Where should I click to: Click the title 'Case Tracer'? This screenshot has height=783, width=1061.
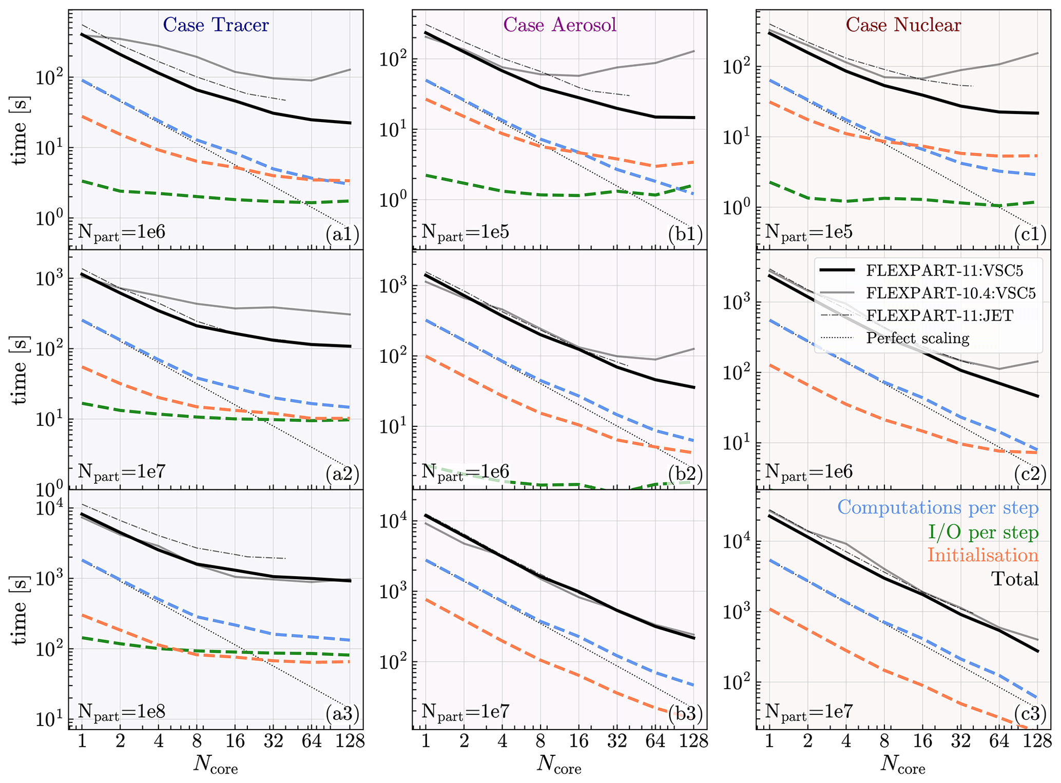click(x=216, y=25)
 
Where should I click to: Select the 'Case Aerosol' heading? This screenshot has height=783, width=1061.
click(x=560, y=25)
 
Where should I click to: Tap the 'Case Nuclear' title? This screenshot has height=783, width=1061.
click(x=903, y=25)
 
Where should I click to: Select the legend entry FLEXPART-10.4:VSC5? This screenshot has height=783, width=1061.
click(x=951, y=292)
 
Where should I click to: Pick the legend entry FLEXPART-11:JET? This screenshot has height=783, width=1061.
click(x=939, y=315)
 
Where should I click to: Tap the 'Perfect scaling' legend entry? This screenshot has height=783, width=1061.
click(x=917, y=338)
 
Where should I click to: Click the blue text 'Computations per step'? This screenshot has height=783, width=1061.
click(x=938, y=507)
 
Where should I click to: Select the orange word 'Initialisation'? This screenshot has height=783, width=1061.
click(x=982, y=555)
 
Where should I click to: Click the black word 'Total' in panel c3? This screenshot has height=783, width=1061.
click(x=1014, y=579)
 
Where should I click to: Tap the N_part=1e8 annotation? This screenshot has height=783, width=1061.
click(x=122, y=712)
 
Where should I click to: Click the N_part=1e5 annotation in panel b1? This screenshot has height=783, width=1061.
click(x=466, y=232)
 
